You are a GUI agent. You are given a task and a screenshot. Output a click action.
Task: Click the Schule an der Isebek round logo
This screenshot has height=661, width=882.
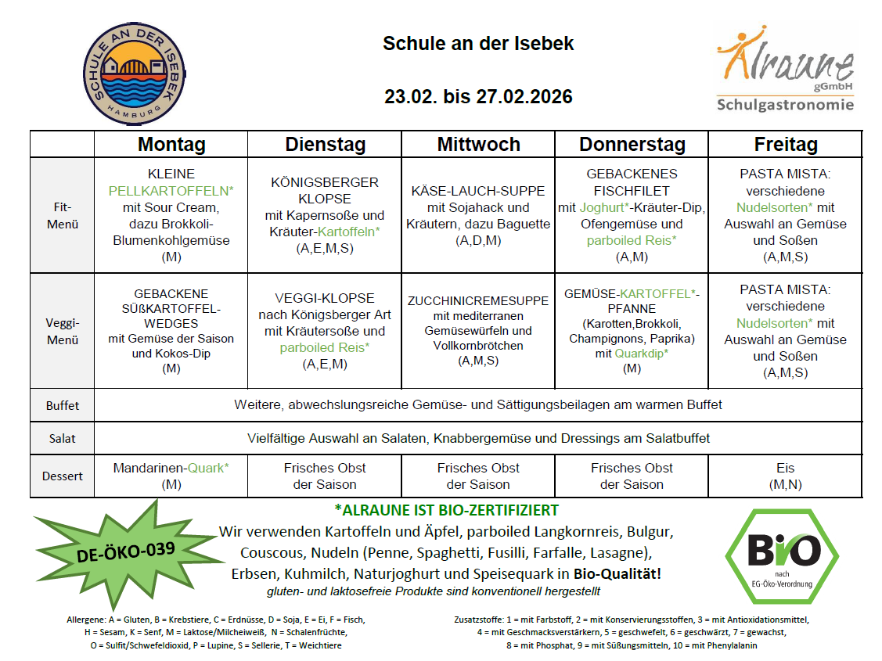pyautogui.click(x=130, y=73)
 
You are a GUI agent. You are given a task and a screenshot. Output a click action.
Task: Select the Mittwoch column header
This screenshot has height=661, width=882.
pyautogui.click(x=478, y=145)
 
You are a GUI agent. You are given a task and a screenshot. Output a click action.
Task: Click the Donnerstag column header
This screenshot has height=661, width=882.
pyautogui.click(x=632, y=145)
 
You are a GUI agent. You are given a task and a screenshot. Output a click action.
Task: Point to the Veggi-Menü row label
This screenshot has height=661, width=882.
pyautogui.click(x=63, y=331)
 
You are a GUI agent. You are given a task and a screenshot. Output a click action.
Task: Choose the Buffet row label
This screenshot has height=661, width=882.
pyautogui.click(x=63, y=405)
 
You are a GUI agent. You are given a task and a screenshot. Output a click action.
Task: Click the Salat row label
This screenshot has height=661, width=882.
pyautogui.click(x=63, y=438)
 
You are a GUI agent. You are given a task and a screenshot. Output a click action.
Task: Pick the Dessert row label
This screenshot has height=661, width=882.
pyautogui.click(x=63, y=476)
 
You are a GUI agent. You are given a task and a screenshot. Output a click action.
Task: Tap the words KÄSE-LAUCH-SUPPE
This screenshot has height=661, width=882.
pyautogui.click(x=477, y=191)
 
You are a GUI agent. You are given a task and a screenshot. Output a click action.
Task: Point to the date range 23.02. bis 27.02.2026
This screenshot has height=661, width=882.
pyautogui.click(x=478, y=97)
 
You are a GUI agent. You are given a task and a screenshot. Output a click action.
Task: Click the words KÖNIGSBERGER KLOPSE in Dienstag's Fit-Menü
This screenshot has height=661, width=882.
pyautogui.click(x=324, y=190)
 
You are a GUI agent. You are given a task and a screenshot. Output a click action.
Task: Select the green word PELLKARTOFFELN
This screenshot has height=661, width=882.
pyautogui.click(x=171, y=191)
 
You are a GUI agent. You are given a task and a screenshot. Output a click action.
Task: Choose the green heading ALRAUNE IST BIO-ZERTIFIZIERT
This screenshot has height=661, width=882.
pyautogui.click(x=446, y=511)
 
